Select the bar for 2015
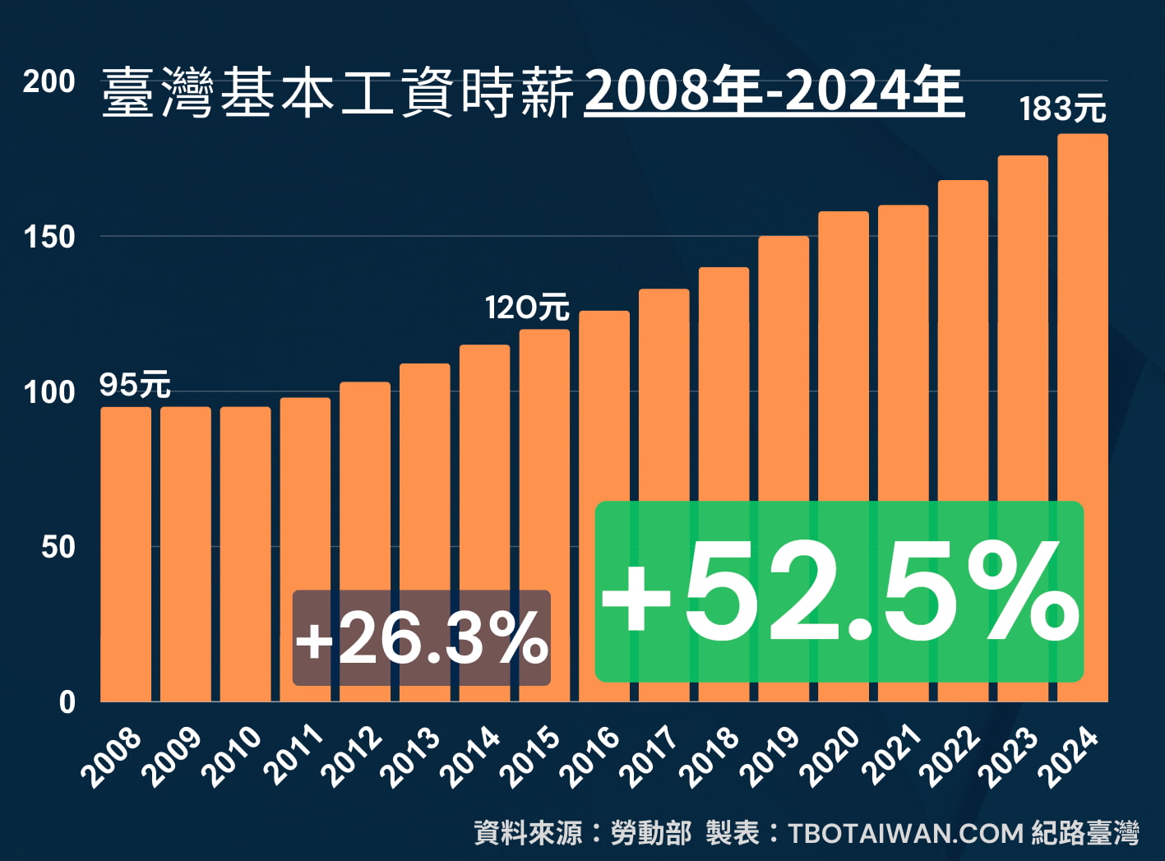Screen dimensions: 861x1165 pos(544,461)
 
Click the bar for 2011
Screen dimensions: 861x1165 pos(305,493)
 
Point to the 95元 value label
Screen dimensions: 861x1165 pos(135,385)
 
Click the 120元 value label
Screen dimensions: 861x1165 pos(527,308)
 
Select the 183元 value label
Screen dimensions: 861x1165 pos(1062,109)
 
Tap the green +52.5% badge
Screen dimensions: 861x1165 pos(839,592)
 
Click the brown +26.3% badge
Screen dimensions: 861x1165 pos(421,638)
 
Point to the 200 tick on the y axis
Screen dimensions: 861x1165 pos(49,81)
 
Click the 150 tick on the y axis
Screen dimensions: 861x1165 pos(49,237)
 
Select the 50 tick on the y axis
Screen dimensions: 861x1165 pos(58,547)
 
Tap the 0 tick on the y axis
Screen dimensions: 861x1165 pos(67,702)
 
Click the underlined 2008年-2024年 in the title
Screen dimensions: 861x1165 pos(774,91)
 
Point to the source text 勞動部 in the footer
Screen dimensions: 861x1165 pos(651,833)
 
